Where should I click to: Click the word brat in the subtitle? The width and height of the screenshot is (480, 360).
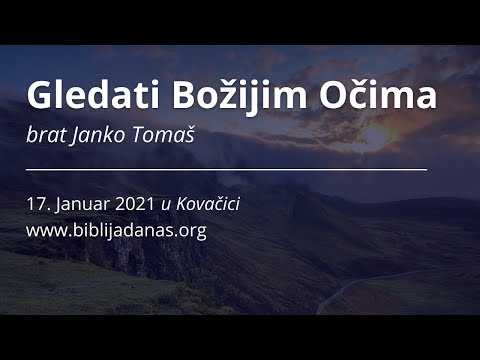(44, 134)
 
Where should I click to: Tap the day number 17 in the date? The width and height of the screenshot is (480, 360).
(37, 203)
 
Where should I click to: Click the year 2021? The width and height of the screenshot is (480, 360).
(132, 203)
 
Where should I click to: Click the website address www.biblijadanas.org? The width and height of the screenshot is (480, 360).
(117, 229)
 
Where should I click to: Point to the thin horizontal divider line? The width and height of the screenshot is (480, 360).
(227, 169)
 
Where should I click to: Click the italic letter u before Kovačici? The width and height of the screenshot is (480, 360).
(166, 204)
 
